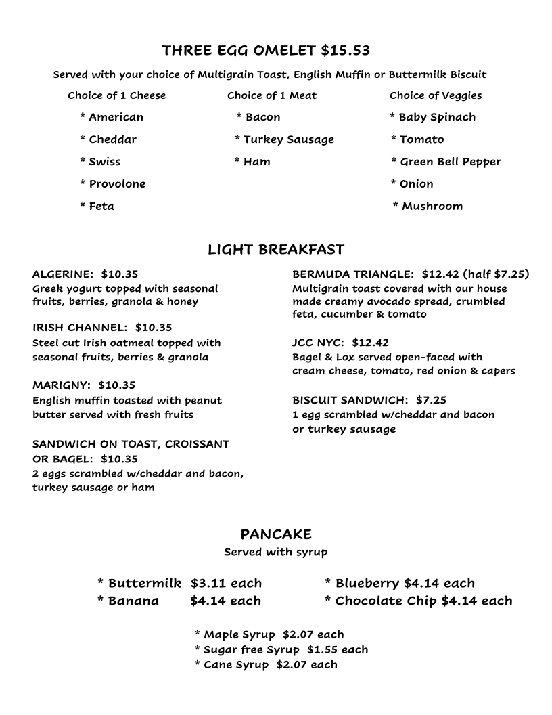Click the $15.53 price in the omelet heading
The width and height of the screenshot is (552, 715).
click(345, 51)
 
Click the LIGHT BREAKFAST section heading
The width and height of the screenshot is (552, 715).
click(276, 250)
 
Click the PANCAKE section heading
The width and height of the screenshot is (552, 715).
click(276, 535)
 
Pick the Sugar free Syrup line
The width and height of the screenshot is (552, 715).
click(251, 649)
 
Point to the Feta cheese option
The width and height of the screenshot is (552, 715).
click(101, 207)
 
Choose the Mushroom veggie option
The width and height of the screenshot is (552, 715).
click(432, 207)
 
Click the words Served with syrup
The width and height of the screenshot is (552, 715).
click(276, 552)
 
